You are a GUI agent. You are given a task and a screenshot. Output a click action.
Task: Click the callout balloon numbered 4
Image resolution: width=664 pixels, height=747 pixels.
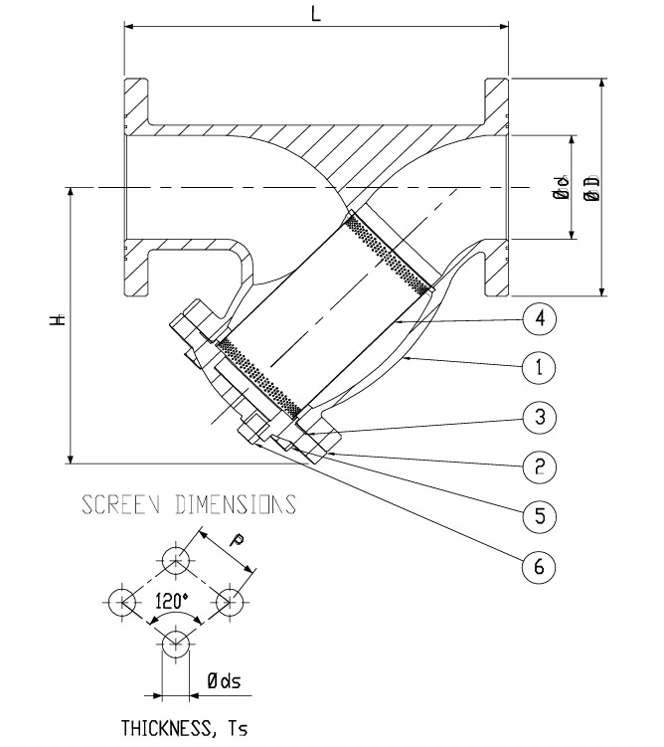[x=538, y=318]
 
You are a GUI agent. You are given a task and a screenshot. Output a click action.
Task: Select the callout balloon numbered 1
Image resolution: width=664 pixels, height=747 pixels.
[x=538, y=367]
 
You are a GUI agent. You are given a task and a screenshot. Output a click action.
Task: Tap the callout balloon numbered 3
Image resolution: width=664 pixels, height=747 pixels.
[x=538, y=417]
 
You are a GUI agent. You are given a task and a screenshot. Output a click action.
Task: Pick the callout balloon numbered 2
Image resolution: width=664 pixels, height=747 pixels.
[x=538, y=466]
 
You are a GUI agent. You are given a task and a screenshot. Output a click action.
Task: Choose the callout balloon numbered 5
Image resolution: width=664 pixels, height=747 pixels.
[x=538, y=515]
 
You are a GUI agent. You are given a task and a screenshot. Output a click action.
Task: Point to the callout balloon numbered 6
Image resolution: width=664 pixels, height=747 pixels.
[x=538, y=566]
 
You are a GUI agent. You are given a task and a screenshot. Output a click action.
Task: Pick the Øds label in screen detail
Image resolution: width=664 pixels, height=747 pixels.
[x=224, y=682]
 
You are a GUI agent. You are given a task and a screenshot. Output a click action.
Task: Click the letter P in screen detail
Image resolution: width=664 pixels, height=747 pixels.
[x=236, y=540]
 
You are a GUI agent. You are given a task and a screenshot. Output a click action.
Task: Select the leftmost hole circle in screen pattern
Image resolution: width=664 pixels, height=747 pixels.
[x=122, y=601]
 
